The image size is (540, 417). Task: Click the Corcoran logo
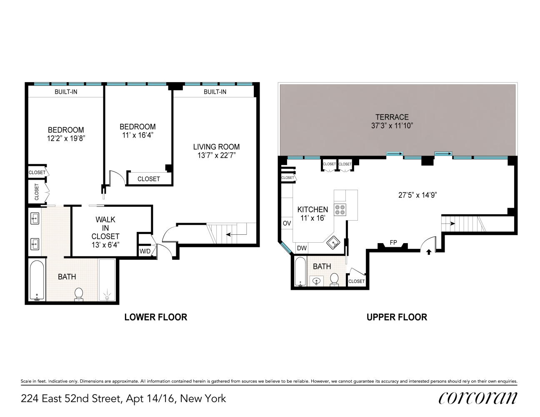click(477, 398)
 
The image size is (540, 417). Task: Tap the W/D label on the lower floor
click(145, 251)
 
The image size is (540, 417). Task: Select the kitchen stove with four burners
click(340, 209)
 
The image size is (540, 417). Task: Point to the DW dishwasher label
click(302, 248)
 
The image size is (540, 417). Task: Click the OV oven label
click(287, 224)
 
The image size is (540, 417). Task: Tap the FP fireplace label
click(392, 242)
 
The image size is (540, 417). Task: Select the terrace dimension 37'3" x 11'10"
click(392, 126)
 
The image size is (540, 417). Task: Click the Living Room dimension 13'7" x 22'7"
click(216, 156)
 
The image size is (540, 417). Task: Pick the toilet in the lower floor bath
click(78, 294)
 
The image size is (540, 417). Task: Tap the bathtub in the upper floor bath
click(300, 272)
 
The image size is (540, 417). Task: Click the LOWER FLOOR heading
click(155, 317)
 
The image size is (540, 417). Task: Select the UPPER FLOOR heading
click(397, 317)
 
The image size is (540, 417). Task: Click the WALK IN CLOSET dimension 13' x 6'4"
click(105, 245)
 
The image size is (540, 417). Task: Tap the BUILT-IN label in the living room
click(215, 92)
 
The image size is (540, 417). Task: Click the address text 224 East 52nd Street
click(123, 399)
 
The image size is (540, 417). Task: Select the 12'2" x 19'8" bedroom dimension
click(66, 138)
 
